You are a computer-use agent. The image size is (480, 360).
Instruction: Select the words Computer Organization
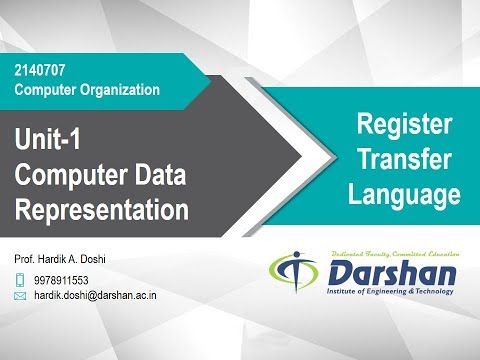87,89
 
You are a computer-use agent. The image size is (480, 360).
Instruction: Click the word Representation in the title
102,210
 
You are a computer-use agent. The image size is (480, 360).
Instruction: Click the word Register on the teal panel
404,125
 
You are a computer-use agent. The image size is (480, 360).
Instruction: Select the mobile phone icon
20,279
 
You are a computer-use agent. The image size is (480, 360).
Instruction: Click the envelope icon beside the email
20,296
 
